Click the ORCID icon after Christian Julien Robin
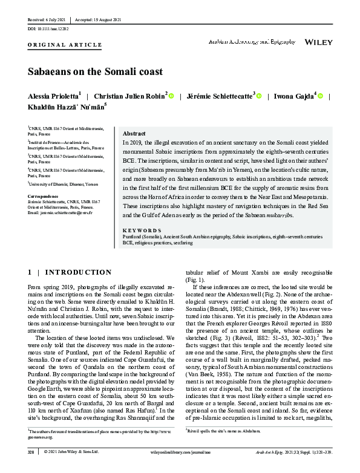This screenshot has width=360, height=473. point(172,96)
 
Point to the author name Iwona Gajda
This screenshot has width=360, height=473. point(293,96)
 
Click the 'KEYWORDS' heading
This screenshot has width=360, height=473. point(142,230)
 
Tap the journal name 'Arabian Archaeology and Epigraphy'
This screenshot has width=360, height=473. point(251,42)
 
